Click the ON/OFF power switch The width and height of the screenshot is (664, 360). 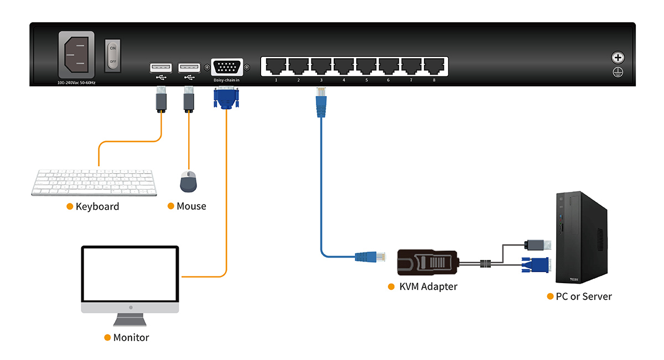point(113,56)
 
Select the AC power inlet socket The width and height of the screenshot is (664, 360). point(76,54)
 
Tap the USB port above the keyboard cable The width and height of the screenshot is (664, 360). point(160,67)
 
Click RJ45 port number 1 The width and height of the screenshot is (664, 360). point(275,66)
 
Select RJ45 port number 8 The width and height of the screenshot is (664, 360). point(434,66)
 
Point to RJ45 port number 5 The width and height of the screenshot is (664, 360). point(366,66)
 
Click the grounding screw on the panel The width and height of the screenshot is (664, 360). point(618,58)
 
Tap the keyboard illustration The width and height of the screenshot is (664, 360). point(94,182)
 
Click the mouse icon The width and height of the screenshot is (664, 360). point(189,182)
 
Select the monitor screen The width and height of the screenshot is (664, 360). point(130,273)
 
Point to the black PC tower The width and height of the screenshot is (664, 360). point(581,238)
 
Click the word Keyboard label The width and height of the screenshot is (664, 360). point(97,206)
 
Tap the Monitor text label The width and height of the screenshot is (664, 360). point(131,337)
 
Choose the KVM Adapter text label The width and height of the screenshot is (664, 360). point(428,286)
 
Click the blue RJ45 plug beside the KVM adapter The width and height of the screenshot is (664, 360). point(367,256)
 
